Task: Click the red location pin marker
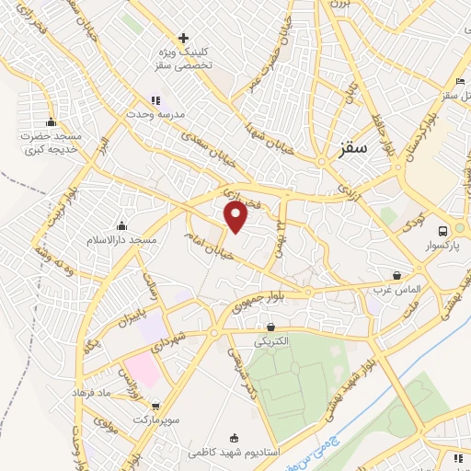point(236,216)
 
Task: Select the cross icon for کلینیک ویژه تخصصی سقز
point(184,39)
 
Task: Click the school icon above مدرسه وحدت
point(155,100)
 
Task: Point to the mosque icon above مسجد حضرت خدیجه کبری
point(51,122)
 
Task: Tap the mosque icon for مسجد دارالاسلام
point(121,226)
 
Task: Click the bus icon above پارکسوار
point(443,231)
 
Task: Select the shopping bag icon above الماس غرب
point(396,275)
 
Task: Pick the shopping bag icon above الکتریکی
point(270,327)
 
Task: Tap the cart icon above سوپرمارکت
point(155,405)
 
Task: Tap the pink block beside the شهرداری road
point(143,369)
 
